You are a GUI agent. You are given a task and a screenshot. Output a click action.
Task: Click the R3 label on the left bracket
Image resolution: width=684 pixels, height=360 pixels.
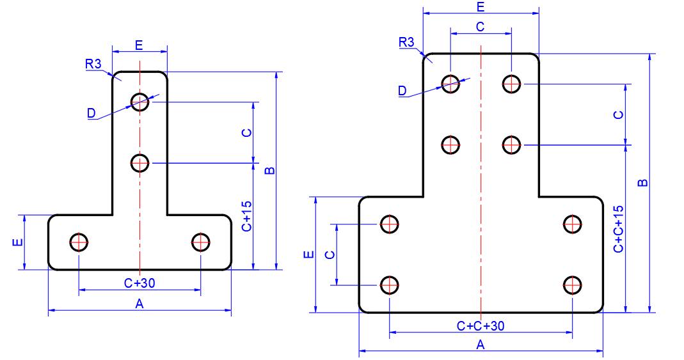point(93,64)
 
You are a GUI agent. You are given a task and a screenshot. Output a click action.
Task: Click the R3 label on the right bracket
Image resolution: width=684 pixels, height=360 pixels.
point(406,42)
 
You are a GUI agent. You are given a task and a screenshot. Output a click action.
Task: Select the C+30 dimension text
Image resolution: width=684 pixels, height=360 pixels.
point(139,283)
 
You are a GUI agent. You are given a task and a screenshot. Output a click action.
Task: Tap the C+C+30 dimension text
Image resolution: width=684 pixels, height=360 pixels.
point(481,326)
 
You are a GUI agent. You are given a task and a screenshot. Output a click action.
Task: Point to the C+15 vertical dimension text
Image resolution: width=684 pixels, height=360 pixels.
point(247,216)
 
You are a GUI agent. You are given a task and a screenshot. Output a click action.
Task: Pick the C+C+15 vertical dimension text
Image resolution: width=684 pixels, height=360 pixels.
point(619,230)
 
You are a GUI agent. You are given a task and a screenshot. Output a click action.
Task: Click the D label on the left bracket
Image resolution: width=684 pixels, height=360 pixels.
point(91,113)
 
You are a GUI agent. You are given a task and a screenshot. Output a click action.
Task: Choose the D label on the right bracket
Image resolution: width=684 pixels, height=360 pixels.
point(402,91)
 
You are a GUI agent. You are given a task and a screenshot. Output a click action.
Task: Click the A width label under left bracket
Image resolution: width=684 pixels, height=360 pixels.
point(139,304)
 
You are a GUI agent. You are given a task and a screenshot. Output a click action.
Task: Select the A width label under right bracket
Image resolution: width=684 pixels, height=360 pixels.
point(481,345)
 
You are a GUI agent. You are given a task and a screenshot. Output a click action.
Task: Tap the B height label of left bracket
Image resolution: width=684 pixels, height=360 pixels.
point(270,171)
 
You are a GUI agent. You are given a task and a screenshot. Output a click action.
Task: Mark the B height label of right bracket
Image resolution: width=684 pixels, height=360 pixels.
point(643,183)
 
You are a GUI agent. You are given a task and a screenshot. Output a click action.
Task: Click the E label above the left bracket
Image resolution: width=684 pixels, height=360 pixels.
point(139,45)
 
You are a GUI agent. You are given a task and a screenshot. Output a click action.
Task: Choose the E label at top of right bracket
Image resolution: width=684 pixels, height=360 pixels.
point(481,8)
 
